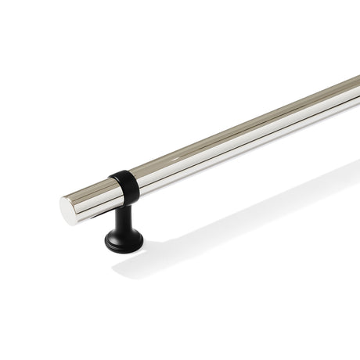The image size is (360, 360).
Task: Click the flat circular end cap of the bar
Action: [x=69, y=211]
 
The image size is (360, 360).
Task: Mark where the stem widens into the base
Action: [x=124, y=230]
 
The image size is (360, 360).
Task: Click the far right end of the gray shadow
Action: [x=356, y=168]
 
